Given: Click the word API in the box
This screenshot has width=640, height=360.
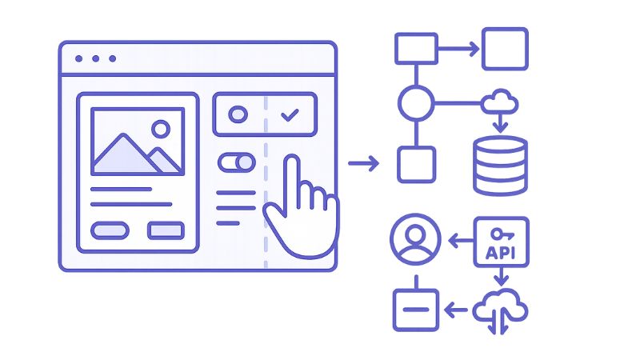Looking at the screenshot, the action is tap(502, 253).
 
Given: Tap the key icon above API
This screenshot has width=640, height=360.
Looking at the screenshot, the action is tap(502, 234).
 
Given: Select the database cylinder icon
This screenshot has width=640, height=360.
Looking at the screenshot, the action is tap(500, 166).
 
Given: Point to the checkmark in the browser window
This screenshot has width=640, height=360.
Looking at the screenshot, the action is tap(290, 115).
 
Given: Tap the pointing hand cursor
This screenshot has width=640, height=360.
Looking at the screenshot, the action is tap(299, 210).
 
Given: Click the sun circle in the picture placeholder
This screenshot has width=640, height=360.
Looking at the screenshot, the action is tap(161, 127).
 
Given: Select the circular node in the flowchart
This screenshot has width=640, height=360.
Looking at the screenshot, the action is tap(416, 102).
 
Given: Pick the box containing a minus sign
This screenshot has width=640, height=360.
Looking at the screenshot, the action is tap(415, 309).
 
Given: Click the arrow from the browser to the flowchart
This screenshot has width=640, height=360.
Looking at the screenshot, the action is tap(364, 164).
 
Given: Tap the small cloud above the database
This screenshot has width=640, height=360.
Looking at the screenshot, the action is tap(501, 102).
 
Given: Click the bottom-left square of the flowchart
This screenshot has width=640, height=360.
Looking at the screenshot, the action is tap(416, 164).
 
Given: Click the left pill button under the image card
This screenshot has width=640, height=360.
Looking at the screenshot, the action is tap(110, 230).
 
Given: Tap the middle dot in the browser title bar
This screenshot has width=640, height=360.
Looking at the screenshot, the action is tap(95, 58).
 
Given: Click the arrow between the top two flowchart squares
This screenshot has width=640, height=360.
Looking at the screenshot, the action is tap(458, 49).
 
